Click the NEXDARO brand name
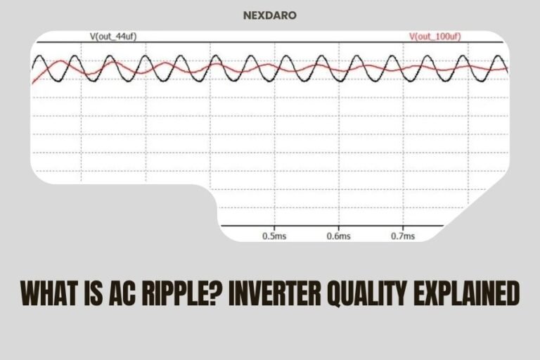pos(270,13)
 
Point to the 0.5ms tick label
pos(274,236)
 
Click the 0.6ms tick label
pos(338,236)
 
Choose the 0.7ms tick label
pos(403,236)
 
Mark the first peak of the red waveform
pos(62,62)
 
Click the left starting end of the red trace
pos(32,84)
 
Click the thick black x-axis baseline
pos(330,226)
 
